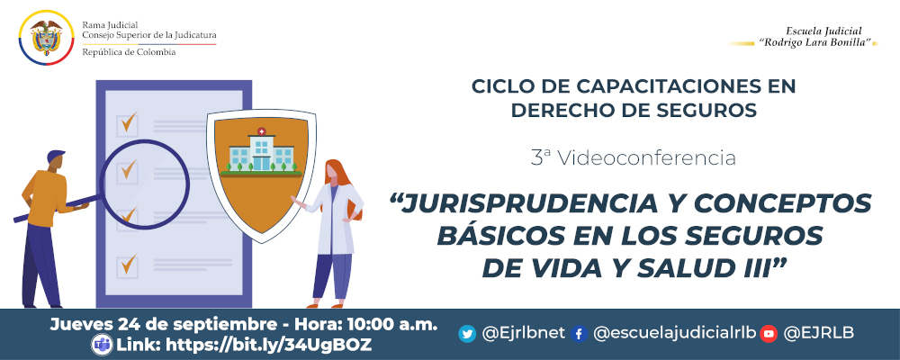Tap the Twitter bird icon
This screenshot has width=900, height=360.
click(x=467, y=334)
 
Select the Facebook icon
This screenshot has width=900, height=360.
click(x=579, y=334)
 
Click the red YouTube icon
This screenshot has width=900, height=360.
click(x=768, y=334)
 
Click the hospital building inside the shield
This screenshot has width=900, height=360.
click(x=261, y=151)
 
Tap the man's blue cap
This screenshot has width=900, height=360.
click(x=55, y=157)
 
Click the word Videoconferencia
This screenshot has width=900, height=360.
click(x=646, y=158)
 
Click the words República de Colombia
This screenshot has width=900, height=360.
click(x=129, y=52)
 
